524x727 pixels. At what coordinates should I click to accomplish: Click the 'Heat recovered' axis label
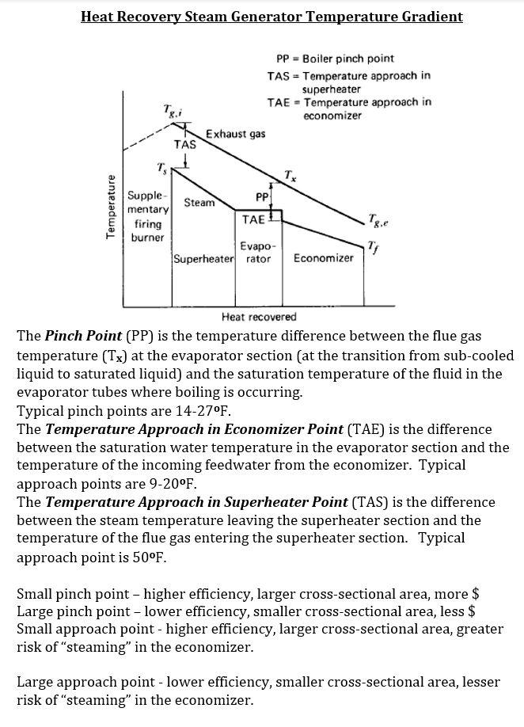click(259, 317)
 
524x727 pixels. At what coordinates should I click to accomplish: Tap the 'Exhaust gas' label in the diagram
click(235, 134)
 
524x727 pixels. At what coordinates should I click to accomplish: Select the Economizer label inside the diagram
click(323, 258)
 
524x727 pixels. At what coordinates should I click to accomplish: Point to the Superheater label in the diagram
click(203, 259)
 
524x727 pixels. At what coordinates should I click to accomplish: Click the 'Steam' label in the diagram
click(199, 203)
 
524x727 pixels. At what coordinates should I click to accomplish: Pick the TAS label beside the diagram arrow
click(184, 145)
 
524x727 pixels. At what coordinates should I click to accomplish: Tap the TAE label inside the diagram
click(253, 219)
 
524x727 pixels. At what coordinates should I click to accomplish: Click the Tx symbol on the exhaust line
click(290, 175)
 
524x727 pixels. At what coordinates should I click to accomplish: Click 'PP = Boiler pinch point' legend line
click(335, 59)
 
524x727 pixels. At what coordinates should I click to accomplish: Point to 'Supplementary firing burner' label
click(147, 216)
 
